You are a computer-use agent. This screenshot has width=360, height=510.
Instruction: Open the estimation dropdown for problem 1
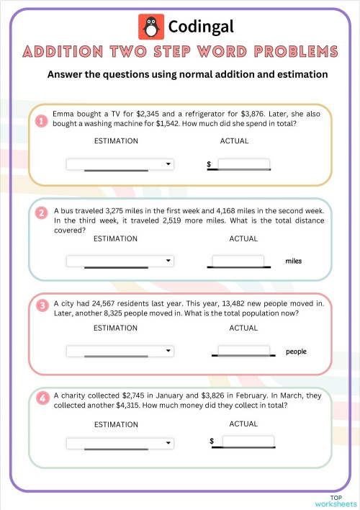(x=120, y=164)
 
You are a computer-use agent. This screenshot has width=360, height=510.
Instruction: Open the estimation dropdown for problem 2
(x=120, y=260)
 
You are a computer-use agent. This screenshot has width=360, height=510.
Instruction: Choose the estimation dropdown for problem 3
(x=120, y=351)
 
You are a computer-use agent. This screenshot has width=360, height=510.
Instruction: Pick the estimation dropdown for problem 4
(x=120, y=443)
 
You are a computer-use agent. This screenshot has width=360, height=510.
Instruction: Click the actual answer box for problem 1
(x=243, y=164)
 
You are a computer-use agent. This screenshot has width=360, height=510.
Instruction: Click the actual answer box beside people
(x=245, y=351)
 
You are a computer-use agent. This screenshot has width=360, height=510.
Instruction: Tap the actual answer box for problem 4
(x=248, y=441)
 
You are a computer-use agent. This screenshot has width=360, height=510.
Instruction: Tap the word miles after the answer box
(x=294, y=261)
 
